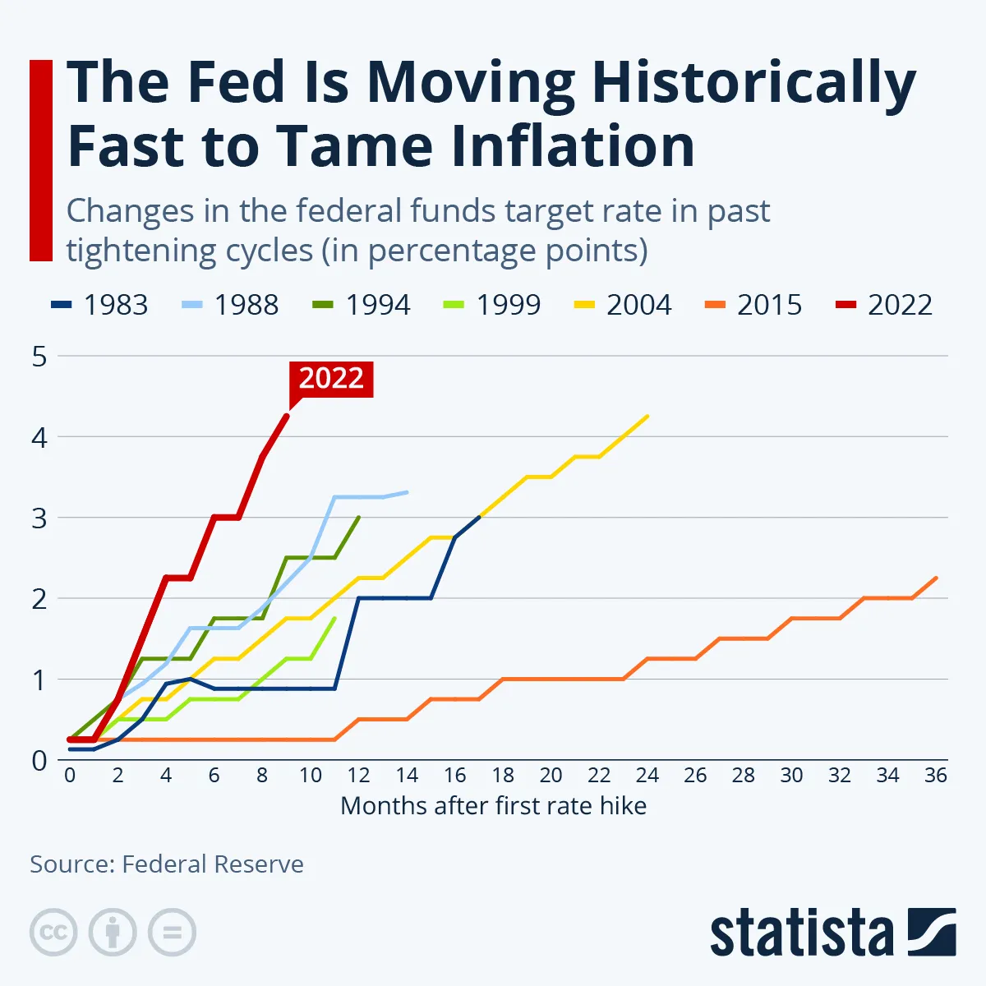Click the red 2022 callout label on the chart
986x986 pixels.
(x=331, y=379)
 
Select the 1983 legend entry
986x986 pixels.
(x=100, y=305)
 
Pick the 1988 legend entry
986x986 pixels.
(x=231, y=305)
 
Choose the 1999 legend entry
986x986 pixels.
(x=493, y=305)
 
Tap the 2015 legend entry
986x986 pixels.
(x=753, y=305)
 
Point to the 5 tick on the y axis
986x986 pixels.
(x=39, y=357)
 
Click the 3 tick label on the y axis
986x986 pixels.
(x=39, y=518)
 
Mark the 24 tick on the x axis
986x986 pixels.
(x=647, y=776)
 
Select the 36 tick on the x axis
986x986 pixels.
(x=936, y=776)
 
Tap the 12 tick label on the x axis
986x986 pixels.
(x=358, y=776)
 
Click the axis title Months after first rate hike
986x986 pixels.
(x=493, y=806)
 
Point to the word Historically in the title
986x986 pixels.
(x=753, y=83)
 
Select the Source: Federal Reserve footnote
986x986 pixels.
(x=167, y=864)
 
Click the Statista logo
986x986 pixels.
(x=832, y=933)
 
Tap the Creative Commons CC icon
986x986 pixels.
(x=53, y=933)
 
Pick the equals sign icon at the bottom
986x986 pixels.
(x=172, y=933)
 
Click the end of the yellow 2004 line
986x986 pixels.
(x=647, y=416)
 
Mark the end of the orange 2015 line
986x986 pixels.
(x=936, y=578)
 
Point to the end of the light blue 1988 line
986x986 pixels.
(x=407, y=492)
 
